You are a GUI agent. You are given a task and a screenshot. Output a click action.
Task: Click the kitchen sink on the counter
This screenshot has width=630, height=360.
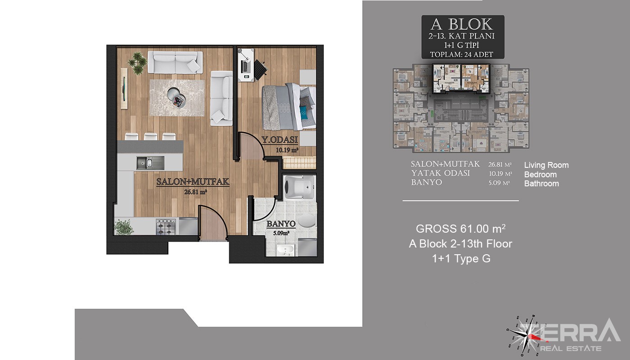[150, 163]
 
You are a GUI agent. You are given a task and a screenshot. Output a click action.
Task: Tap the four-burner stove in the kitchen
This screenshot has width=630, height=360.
[166, 227]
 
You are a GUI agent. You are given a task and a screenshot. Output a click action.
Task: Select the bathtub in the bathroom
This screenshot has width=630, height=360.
[300, 186]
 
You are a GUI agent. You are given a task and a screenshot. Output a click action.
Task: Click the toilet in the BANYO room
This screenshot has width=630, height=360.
[307, 220]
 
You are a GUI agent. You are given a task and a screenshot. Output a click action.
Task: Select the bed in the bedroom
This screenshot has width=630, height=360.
[289, 107]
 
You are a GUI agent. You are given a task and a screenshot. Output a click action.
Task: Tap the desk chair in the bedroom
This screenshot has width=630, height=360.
[261, 68]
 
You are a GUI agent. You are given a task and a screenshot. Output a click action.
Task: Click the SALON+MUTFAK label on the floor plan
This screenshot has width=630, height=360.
[193, 181]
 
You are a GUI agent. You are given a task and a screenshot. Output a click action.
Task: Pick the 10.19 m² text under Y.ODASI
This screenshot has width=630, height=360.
[287, 150]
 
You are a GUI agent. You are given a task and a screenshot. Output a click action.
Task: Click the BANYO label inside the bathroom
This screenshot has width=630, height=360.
[281, 224]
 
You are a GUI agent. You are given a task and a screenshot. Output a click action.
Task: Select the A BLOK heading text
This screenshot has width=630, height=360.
[462, 25]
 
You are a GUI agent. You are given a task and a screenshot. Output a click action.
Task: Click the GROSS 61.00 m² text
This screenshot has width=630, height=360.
[461, 229]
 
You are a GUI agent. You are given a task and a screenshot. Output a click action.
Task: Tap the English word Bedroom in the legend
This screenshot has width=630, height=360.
[540, 175]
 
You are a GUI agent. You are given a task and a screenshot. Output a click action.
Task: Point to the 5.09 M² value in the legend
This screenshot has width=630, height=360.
[499, 183]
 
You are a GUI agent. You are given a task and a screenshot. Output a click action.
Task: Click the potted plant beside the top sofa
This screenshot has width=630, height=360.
[138, 63]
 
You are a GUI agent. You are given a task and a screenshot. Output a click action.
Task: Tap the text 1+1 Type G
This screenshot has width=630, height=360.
[461, 258]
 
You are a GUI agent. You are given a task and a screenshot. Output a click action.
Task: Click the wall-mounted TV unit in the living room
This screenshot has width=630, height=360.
[124, 88]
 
